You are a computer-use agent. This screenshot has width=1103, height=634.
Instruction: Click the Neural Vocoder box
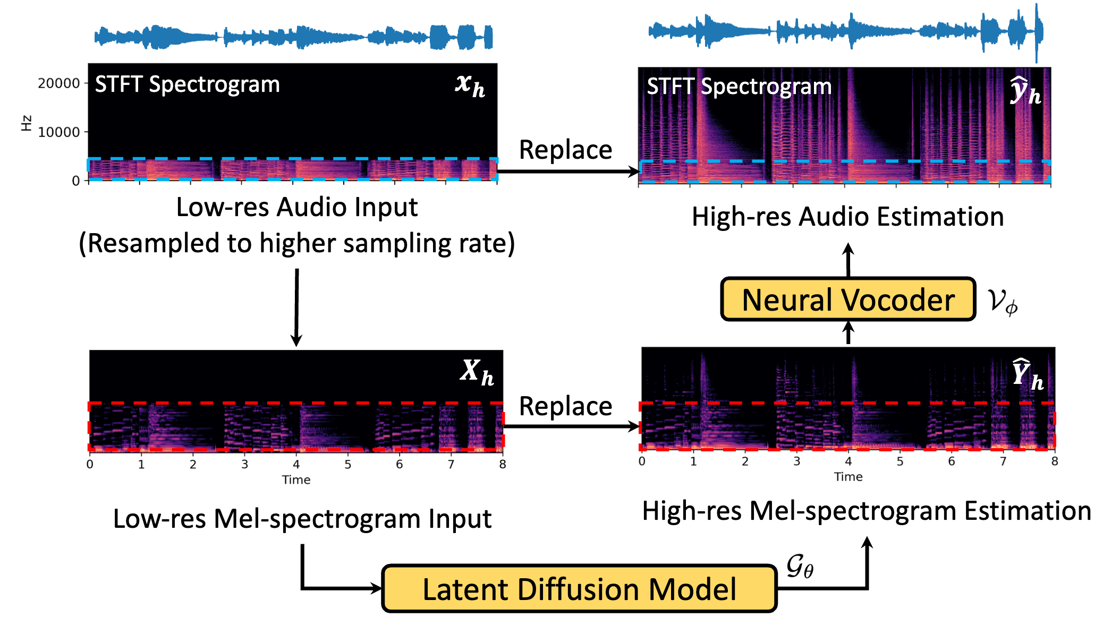848,299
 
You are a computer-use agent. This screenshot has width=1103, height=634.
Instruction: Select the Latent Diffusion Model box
579,589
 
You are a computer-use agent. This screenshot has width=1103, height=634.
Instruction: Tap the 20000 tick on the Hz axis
58,83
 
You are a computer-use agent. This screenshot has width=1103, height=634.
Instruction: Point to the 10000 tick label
58,132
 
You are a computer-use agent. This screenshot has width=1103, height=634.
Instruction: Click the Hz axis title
26,123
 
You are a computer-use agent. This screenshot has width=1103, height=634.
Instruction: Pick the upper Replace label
565,150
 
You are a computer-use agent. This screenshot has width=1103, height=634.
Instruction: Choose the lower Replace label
565,406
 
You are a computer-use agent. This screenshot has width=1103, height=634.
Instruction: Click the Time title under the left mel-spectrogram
296,480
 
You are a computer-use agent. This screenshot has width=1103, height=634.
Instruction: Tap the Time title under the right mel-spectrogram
848,477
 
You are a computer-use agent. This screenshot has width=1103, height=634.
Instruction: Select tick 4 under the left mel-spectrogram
296,465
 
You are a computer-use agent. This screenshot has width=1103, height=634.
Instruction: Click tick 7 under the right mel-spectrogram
1003,461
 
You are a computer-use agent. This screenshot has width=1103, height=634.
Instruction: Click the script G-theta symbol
800,566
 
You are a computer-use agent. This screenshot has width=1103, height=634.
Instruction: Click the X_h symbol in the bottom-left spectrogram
477,372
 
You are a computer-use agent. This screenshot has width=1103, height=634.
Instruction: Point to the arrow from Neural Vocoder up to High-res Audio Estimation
849,260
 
